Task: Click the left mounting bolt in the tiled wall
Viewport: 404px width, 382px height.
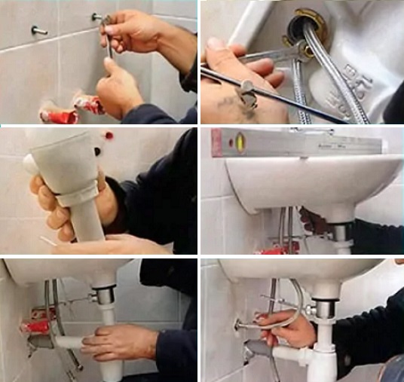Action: click(x=38, y=30)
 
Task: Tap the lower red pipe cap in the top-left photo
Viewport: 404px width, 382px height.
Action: click(x=59, y=117)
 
